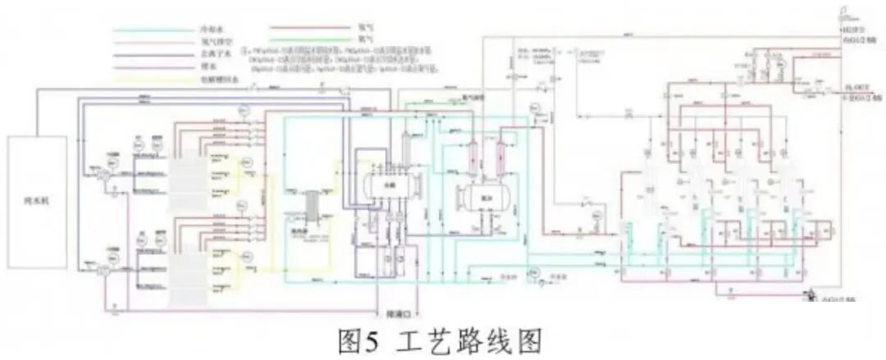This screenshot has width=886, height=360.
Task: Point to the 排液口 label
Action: coord(397,313)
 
